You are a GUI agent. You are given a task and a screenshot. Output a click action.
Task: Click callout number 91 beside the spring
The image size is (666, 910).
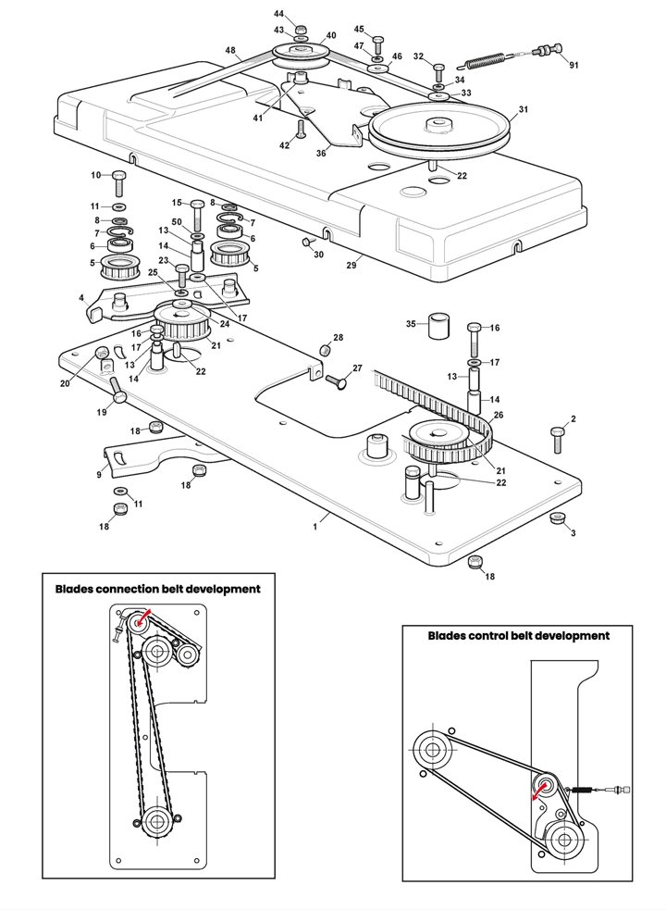pyautogui.click(x=573, y=66)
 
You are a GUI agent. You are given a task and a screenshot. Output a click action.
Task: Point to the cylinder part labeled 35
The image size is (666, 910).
pyautogui.click(x=439, y=326)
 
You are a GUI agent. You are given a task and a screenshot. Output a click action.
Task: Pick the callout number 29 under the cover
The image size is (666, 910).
pyautogui.click(x=351, y=265)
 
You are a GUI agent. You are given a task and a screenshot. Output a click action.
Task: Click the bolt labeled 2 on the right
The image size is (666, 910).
pyautogui.click(x=557, y=440)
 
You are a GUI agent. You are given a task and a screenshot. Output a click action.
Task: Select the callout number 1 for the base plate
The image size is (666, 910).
pyautogui.click(x=315, y=527)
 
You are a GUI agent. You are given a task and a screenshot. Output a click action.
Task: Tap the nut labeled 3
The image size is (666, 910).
pyautogui.click(x=558, y=517)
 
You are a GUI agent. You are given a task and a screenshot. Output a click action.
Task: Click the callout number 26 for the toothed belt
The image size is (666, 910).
pyautogui.click(x=499, y=416)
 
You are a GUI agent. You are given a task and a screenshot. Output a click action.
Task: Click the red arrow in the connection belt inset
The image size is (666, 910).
pyautogui.click(x=144, y=617)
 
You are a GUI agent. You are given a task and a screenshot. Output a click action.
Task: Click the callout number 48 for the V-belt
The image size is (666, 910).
pyautogui.click(x=231, y=51)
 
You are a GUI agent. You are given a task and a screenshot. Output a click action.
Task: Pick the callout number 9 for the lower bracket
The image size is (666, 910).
pyautogui.click(x=99, y=475)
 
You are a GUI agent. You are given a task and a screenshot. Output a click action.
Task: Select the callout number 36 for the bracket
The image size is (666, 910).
pyautogui.click(x=321, y=154)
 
